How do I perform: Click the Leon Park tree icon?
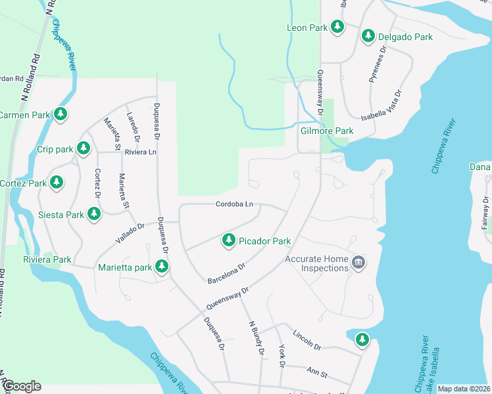(x=337, y=27)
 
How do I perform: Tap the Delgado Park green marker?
(x=368, y=36)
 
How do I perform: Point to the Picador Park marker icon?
(x=229, y=240)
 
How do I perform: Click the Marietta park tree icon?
(x=161, y=267)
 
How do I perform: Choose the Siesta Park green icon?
(x=94, y=213)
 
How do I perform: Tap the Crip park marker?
(x=83, y=148)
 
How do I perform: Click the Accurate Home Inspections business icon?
(x=358, y=263)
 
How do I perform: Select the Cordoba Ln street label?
(x=235, y=204)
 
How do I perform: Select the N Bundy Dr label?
(x=257, y=339)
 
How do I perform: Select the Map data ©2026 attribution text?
(x=463, y=389)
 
